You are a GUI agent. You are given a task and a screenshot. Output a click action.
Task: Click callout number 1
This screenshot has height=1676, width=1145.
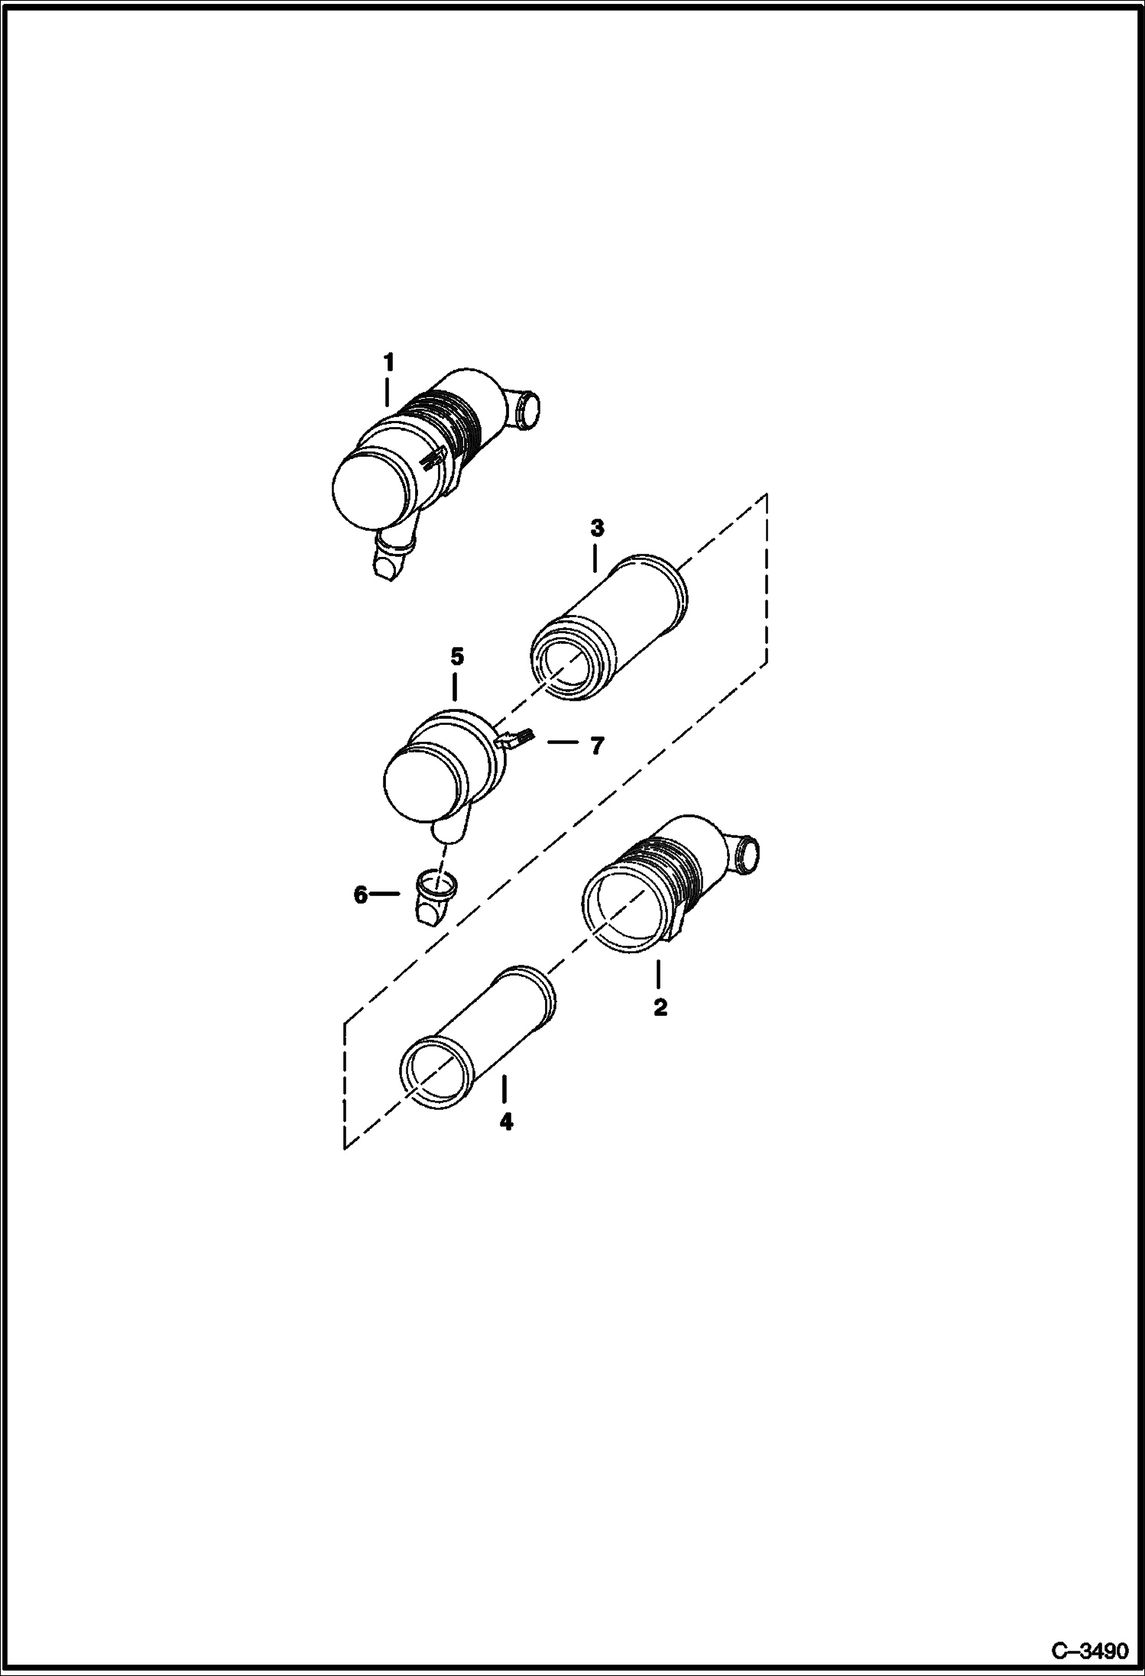coord(389,361)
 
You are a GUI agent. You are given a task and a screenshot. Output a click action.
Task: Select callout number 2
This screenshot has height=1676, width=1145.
coord(660,1008)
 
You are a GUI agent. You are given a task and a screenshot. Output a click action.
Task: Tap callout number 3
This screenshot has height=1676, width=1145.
coord(597,528)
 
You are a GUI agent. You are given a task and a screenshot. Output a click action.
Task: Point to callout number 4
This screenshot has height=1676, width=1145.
coord(506,1122)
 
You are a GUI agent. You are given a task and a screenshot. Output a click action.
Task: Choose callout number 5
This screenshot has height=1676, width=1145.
coord(457,656)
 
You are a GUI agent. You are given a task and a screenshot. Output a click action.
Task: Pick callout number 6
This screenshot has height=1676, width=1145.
coord(361,895)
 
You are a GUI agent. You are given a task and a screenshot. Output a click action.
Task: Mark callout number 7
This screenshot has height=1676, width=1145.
coord(597,746)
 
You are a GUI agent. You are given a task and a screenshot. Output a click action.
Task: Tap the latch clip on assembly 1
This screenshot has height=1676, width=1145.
coord(433,458)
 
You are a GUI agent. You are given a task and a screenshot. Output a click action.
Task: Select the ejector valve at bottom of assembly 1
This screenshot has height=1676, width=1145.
coord(394,559)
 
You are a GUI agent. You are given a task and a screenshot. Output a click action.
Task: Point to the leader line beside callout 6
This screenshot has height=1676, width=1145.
coord(385,893)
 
